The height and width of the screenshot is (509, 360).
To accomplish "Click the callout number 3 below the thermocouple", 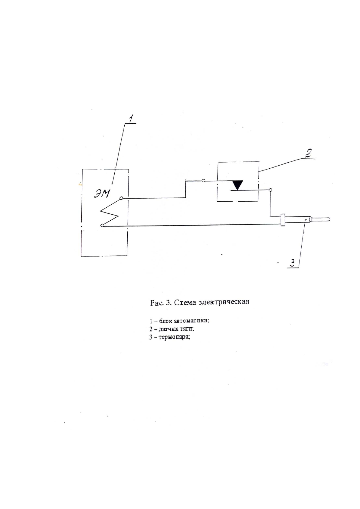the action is pyautogui.click(x=292, y=262).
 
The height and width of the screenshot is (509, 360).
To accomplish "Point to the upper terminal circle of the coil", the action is pyautogui.click(x=121, y=198).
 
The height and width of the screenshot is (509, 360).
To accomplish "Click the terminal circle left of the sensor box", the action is pyautogui.click(x=203, y=181).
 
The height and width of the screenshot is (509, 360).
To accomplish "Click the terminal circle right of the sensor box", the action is pyautogui.click(x=270, y=190).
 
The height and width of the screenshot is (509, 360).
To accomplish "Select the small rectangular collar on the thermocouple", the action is pyautogui.click(x=283, y=220).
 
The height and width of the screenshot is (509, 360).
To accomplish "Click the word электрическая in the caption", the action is pyautogui.click(x=224, y=302).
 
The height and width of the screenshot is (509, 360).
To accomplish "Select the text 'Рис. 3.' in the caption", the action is pyautogui.click(x=161, y=302).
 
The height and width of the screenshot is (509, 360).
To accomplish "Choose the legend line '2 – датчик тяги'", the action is pyautogui.click(x=172, y=329).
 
